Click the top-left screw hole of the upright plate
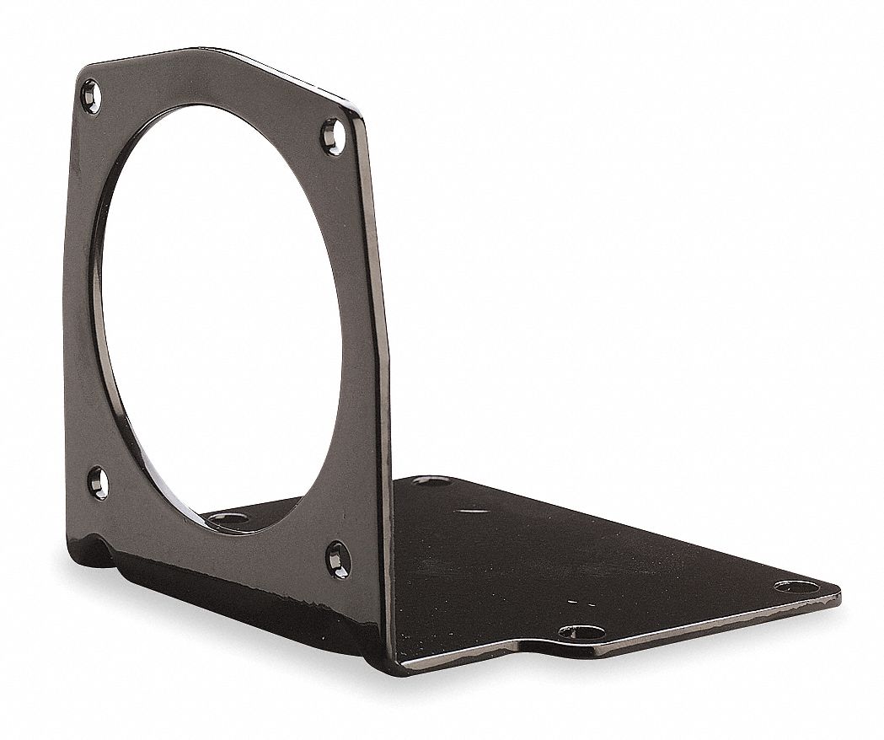[x=90, y=95]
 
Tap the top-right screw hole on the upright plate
[x=333, y=136]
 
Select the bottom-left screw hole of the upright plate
[x=99, y=483]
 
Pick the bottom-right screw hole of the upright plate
[x=338, y=559]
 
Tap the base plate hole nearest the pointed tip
[x=796, y=586]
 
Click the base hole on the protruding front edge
[x=581, y=632]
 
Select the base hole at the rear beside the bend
[x=431, y=480]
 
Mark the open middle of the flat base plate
[x=590, y=556]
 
